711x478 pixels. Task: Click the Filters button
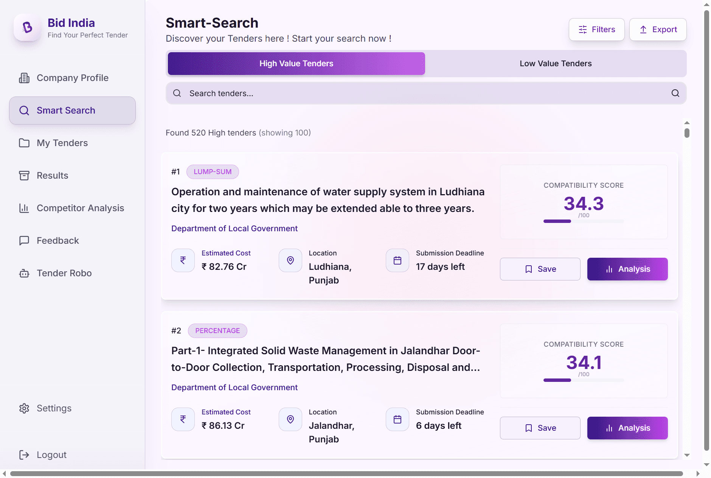[596, 30]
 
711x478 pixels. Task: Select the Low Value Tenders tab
[555, 64]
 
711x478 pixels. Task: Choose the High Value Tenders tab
[296, 64]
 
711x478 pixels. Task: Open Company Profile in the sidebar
[72, 78]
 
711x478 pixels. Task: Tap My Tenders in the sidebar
[62, 143]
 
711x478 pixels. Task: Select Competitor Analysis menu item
[80, 208]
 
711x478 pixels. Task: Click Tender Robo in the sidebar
[64, 273]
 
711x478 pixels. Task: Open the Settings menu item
[54, 408]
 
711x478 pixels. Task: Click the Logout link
[51, 455]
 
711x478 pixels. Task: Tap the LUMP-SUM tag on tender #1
[213, 172]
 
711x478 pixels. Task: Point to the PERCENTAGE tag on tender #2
[217, 331]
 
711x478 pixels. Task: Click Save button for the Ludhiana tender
[540, 269]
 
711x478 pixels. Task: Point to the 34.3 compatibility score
[584, 204]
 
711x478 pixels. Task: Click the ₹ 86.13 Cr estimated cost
[223, 426]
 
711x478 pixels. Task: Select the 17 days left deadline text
[440, 267]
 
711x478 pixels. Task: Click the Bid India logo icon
[27, 28]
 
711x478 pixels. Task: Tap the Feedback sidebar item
[57, 241]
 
